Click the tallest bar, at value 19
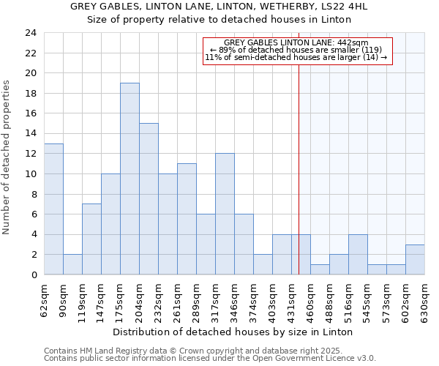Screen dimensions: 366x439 [130, 179]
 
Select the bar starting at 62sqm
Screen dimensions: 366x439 [53, 209]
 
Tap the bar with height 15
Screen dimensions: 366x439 [149, 198]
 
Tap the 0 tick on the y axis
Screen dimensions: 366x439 [34, 275]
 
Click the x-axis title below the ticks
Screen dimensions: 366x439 [234, 332]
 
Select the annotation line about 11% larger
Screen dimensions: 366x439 [296, 57]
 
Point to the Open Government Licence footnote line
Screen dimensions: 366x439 [210, 358]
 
